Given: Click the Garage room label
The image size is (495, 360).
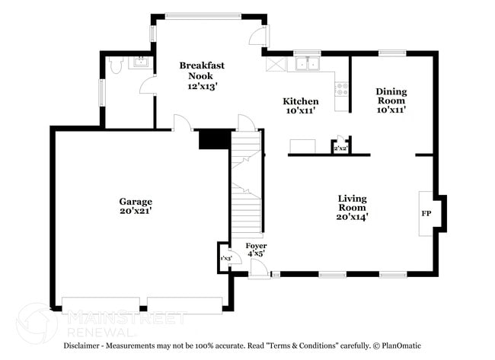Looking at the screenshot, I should (136, 206).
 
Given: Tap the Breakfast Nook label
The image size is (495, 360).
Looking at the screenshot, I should (202, 76).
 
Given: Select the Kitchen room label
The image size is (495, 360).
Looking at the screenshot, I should (301, 106).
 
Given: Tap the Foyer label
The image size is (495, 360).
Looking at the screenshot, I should (256, 250).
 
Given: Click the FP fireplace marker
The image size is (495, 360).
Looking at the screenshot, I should (426, 213).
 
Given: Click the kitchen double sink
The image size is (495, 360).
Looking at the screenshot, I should (308, 65).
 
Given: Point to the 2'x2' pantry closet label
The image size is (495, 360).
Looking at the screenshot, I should (340, 148).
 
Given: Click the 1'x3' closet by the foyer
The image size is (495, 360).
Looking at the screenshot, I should (225, 260).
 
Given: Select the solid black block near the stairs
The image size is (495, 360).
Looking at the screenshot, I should (213, 139).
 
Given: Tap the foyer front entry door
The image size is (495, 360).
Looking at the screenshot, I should (259, 271).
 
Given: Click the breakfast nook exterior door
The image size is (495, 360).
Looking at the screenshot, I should (259, 34).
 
